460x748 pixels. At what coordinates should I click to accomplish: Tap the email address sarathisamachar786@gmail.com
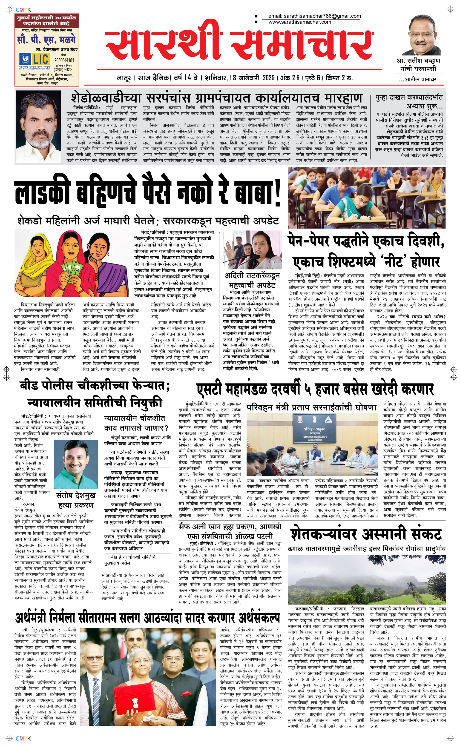(x=314, y=16)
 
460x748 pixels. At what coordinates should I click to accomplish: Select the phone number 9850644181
(x=64, y=60)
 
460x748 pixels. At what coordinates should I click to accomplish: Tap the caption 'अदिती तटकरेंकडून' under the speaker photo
(x=252, y=276)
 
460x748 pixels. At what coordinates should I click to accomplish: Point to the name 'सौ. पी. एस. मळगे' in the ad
(x=46, y=40)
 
